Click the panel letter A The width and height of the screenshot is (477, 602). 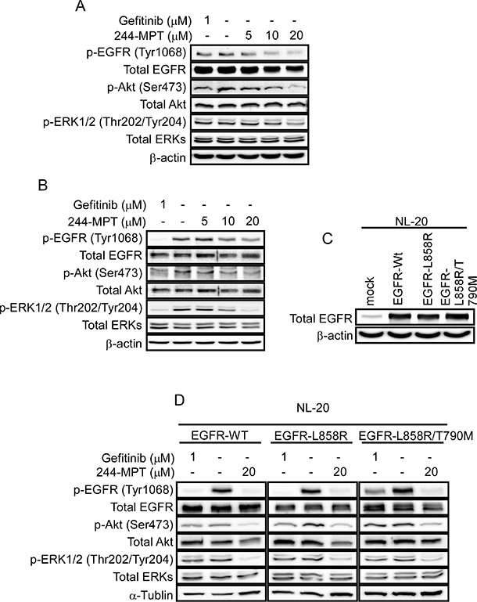[80, 6]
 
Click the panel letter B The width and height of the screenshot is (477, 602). [43, 185]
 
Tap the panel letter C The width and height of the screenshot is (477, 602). [328, 239]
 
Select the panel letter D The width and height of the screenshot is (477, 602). [179, 400]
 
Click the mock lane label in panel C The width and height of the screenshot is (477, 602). [370, 291]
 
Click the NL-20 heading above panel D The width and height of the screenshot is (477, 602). [313, 407]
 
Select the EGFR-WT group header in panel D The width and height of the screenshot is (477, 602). [219, 436]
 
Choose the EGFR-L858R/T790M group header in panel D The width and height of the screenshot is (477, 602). [416, 436]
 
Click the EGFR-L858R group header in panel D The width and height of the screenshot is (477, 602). [311, 436]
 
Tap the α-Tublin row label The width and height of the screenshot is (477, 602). [151, 595]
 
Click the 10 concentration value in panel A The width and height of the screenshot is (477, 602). [272, 36]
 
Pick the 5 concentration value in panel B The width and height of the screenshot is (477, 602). [204, 222]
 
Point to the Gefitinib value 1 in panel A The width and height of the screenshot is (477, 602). [207, 20]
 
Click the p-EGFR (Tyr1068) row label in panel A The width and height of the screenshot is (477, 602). [136, 52]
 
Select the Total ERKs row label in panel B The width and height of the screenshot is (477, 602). [112, 325]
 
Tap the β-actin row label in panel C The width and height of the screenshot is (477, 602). [335, 336]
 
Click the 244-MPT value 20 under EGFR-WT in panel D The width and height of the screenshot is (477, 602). [249, 472]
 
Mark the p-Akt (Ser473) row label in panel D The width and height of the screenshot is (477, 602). [134, 524]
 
